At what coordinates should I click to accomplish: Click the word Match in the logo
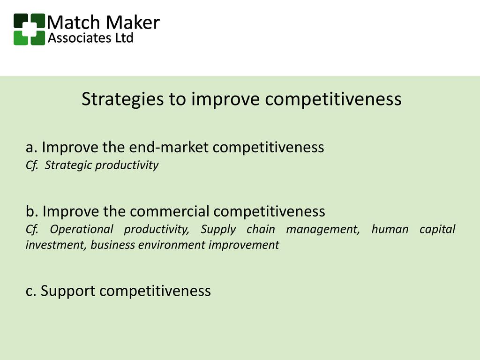[73, 22]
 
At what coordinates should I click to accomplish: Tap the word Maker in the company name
[133, 22]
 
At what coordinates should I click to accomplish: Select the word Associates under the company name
[79, 38]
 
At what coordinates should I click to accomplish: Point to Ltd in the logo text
[124, 38]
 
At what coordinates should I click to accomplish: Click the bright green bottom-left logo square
[21, 38]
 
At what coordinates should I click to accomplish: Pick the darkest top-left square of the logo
[21, 21]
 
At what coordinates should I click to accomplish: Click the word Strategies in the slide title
[122, 99]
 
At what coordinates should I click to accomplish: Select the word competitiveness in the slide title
[333, 99]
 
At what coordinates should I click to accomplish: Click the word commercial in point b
[170, 211]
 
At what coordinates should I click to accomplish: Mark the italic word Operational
[82, 229]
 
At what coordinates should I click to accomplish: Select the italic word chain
[261, 229]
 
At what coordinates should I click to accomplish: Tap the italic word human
[390, 229]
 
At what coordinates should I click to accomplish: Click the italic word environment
[172, 245]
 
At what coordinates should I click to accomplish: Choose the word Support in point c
[68, 291]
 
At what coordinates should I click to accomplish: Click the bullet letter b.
[30, 211]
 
